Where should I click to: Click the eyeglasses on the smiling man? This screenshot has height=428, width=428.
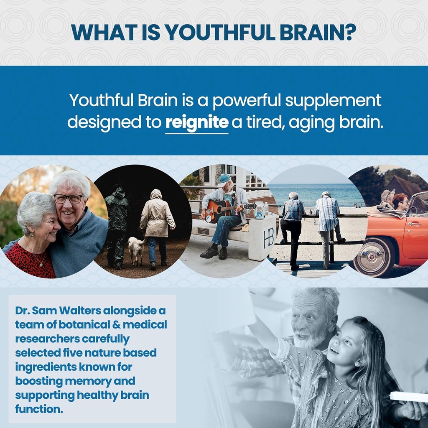(x=68, y=199)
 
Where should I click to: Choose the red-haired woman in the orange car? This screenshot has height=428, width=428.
(x=400, y=203)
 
